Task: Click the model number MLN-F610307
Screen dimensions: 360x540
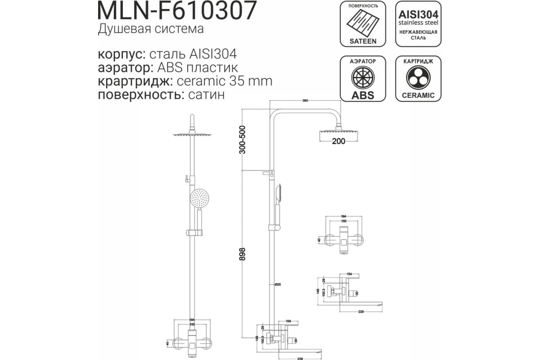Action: pyautogui.click(x=177, y=11)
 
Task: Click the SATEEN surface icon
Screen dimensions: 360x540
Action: pyautogui.click(x=363, y=25)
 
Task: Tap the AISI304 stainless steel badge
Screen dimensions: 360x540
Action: pyautogui.click(x=418, y=25)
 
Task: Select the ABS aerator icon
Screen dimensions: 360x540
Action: pyautogui.click(x=363, y=79)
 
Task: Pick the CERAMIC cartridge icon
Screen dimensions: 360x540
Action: pyautogui.click(x=418, y=79)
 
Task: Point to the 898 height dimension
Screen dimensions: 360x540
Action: pyautogui.click(x=243, y=257)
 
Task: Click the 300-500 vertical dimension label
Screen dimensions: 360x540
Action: pyautogui.click(x=243, y=140)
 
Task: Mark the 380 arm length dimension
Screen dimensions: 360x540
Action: pyautogui.click(x=305, y=100)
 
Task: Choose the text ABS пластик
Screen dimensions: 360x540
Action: pyautogui.click(x=197, y=68)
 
